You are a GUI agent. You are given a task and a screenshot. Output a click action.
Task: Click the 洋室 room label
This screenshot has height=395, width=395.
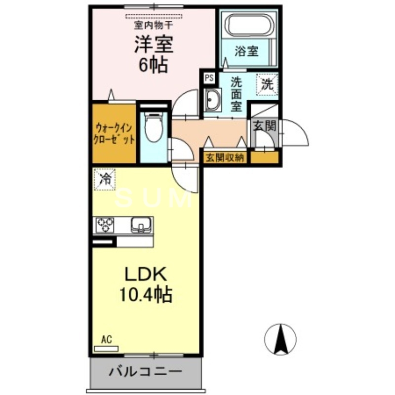pyautogui.click(x=153, y=45)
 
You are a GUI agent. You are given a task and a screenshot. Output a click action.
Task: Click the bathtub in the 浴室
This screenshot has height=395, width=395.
pyautogui.click(x=249, y=25)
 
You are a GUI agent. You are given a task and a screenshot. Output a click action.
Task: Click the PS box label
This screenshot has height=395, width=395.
pyautogui.click(x=209, y=77)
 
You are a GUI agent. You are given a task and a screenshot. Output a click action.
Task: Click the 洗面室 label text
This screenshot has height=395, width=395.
pyautogui.click(x=237, y=94)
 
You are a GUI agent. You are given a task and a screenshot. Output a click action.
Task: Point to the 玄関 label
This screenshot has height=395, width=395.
pyautogui.click(x=264, y=125)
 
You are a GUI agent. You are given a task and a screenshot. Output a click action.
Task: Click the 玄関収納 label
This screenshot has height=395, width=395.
pyautogui.click(x=225, y=158)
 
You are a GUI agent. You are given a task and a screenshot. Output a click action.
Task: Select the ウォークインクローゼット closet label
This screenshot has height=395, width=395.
pyautogui.click(x=114, y=132)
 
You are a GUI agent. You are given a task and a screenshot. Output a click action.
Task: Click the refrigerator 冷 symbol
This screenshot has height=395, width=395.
pyautogui.click(x=105, y=179)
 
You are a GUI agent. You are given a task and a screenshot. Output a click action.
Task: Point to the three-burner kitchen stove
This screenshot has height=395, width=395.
pyautogui.click(x=105, y=225)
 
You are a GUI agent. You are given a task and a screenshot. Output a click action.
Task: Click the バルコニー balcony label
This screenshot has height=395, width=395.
pyautogui.click(x=146, y=371)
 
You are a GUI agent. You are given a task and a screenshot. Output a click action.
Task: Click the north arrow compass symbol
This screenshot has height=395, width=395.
pyautogui.click(x=280, y=339)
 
